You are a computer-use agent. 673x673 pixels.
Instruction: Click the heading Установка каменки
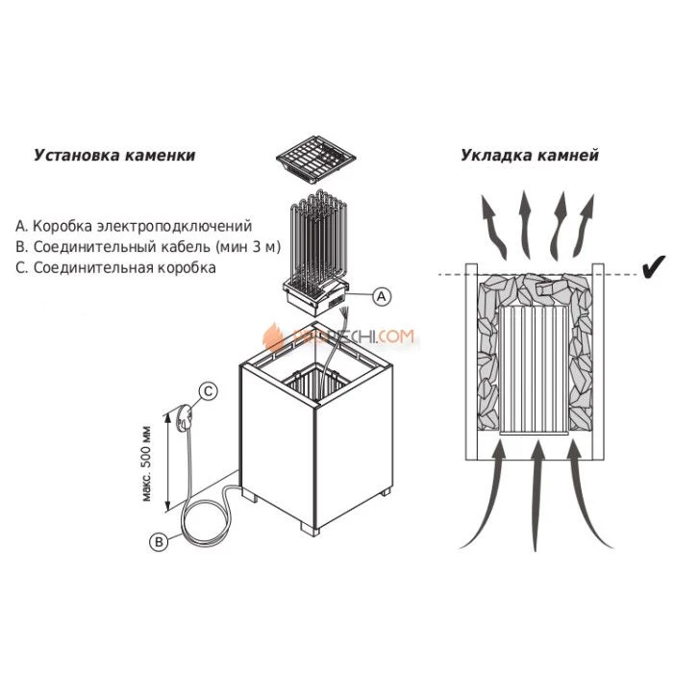point(114,155)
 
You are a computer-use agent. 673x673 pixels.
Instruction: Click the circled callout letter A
point(380,296)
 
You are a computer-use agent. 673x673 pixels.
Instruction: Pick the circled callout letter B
point(160,541)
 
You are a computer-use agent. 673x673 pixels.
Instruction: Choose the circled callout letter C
point(208,390)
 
